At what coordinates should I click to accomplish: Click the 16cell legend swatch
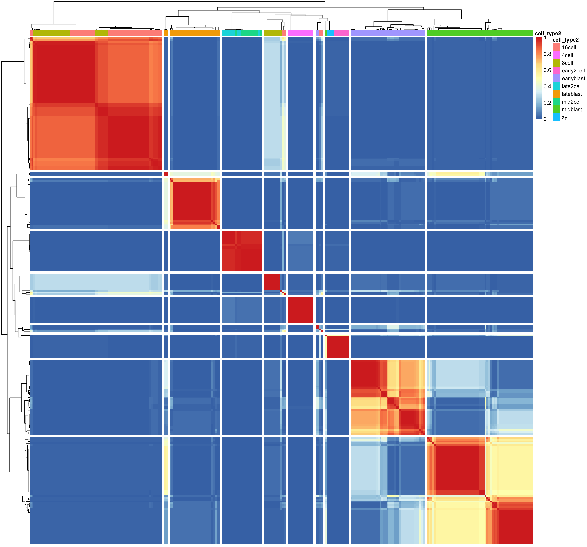click(x=556, y=47)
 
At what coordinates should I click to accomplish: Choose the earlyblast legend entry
click(x=573, y=78)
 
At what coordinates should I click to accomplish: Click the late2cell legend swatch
click(x=556, y=86)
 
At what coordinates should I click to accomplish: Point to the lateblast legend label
click(x=572, y=94)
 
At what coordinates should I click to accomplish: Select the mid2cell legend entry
click(x=571, y=102)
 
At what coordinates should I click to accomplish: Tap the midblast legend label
click(x=572, y=109)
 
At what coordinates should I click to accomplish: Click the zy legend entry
click(x=564, y=117)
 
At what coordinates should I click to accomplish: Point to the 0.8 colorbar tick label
click(x=547, y=54)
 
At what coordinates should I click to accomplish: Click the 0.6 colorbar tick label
click(x=547, y=70)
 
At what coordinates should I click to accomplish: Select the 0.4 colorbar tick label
click(x=547, y=86)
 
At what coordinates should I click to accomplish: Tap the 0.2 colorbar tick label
click(x=547, y=103)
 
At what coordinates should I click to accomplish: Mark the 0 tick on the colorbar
click(x=545, y=119)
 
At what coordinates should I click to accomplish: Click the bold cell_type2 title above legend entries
click(x=565, y=40)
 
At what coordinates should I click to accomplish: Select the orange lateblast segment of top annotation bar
click(x=195, y=33)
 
